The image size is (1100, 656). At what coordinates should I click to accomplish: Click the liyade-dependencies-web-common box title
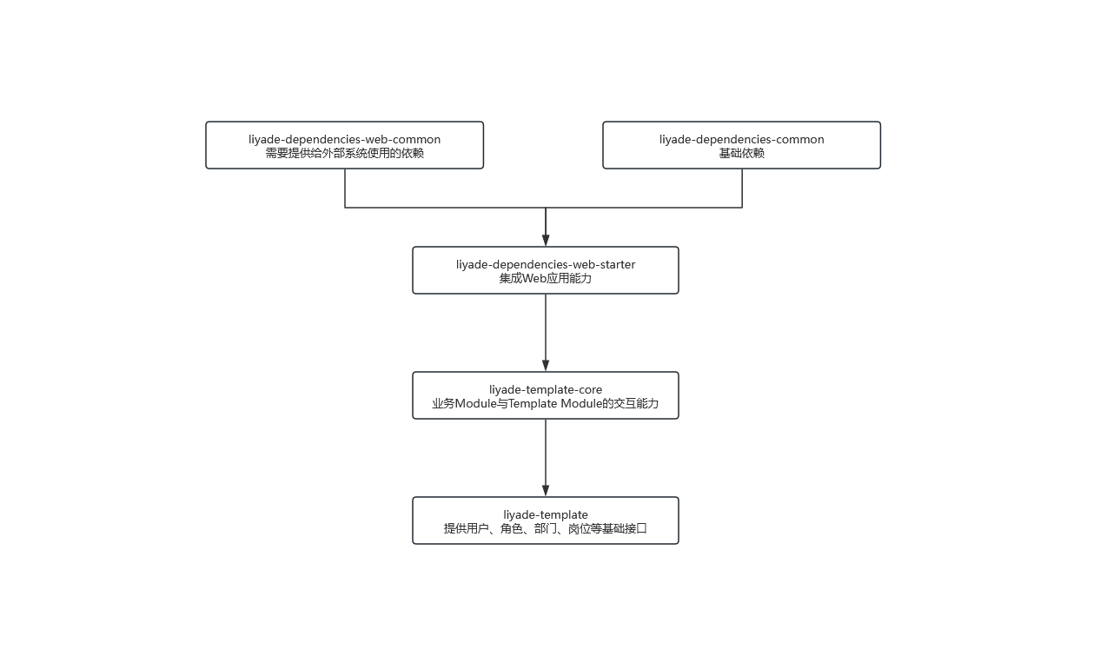[x=344, y=139]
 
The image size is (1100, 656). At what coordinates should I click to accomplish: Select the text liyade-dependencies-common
[x=741, y=139]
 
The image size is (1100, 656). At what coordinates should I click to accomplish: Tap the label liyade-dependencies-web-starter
[x=546, y=265]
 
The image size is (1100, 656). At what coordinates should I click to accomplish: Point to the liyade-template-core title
[x=546, y=390]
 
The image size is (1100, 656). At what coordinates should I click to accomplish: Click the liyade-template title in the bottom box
[x=546, y=515]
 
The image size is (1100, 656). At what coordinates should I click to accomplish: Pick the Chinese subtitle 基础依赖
[x=741, y=153]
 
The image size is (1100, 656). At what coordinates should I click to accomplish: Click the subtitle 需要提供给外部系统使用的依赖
[x=344, y=153]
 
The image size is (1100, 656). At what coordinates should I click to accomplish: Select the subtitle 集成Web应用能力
[x=546, y=278]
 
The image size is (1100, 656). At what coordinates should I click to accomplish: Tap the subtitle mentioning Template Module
[x=546, y=404]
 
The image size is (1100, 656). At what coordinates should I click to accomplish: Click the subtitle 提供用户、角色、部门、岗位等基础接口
[x=546, y=529]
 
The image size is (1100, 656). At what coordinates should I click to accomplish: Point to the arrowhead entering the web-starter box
[x=546, y=240]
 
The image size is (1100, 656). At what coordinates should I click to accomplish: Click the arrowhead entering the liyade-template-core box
[x=546, y=365]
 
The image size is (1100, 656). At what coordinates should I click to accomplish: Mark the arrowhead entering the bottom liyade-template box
[x=546, y=491]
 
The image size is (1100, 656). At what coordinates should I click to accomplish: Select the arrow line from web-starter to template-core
[x=546, y=333]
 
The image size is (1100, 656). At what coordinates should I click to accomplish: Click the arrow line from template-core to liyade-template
[x=546, y=458]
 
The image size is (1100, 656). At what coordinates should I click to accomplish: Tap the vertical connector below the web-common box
[x=345, y=188]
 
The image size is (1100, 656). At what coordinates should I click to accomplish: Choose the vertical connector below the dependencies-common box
[x=742, y=188]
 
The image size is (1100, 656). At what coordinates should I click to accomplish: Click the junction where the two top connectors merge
[x=546, y=208]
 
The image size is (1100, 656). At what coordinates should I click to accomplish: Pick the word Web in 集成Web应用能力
[x=534, y=278]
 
